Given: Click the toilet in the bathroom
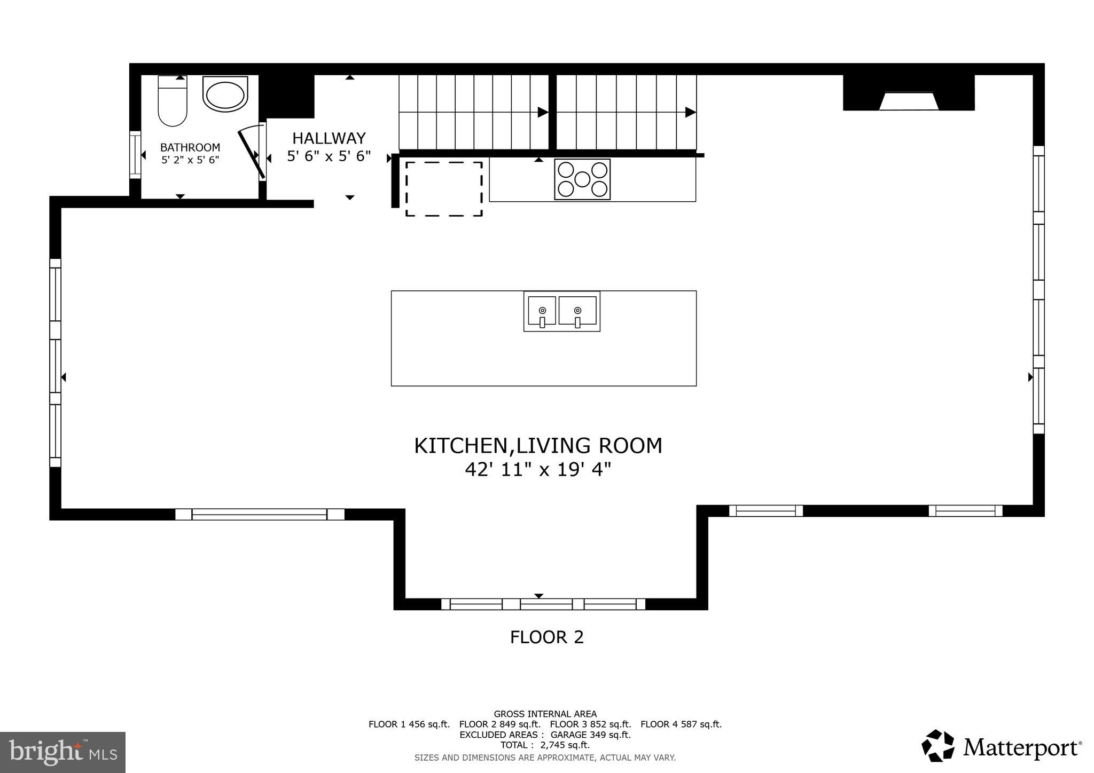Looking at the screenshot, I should pos(173,101).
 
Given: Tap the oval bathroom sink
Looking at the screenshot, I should pos(225,94).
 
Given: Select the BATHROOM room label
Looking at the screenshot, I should pos(190,147).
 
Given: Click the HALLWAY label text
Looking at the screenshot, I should pos(329,138).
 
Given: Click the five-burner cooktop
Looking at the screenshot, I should pos(582,179).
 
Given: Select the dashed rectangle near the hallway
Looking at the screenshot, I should pos(443,189).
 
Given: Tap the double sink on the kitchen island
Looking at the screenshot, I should pos(561,311).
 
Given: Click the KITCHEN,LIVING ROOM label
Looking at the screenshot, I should pos(538,446).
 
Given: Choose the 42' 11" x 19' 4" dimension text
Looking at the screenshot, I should pos(538,470).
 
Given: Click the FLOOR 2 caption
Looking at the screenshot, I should pos(546,637).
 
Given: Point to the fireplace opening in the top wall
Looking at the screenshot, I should pos(909,101).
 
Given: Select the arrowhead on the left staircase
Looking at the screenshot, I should pos(542,112).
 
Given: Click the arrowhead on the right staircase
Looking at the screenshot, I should pos(690,112).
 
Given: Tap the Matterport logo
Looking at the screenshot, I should pos(1001,746).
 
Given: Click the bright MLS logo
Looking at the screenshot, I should pos(62,752).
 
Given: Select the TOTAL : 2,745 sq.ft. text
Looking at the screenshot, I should pos(544,745).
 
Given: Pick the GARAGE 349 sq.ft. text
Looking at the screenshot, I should pos(590,735).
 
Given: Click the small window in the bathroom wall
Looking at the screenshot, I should pos(135,155).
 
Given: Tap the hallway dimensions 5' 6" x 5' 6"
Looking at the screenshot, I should pos(329,157).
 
